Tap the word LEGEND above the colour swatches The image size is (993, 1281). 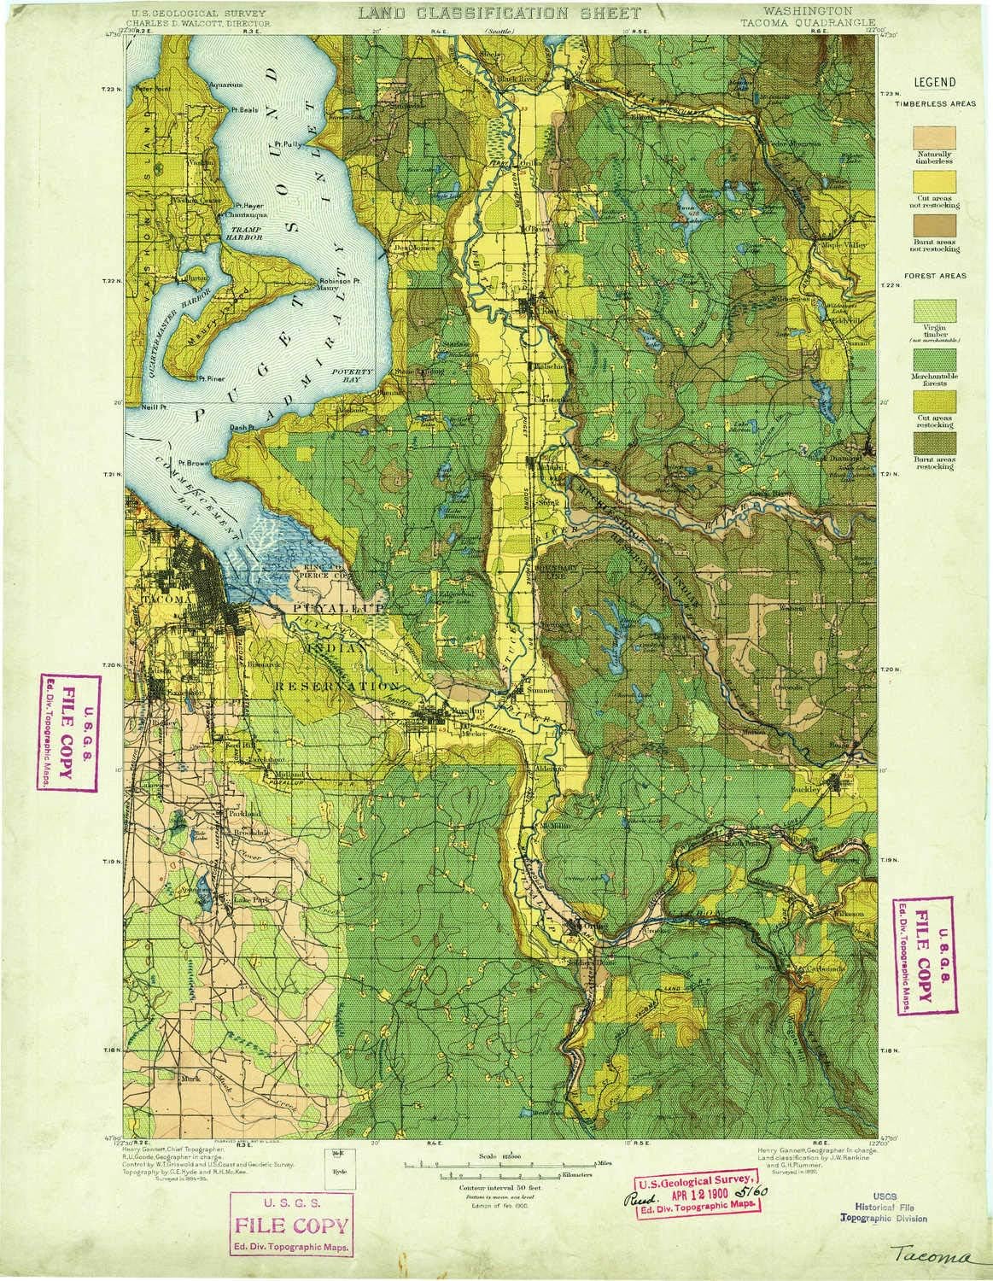[x=935, y=83]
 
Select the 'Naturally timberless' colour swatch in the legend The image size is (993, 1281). [x=934, y=137]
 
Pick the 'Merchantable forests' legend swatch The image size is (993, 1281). [x=934, y=360]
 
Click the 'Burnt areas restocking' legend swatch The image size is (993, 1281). [x=934, y=443]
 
